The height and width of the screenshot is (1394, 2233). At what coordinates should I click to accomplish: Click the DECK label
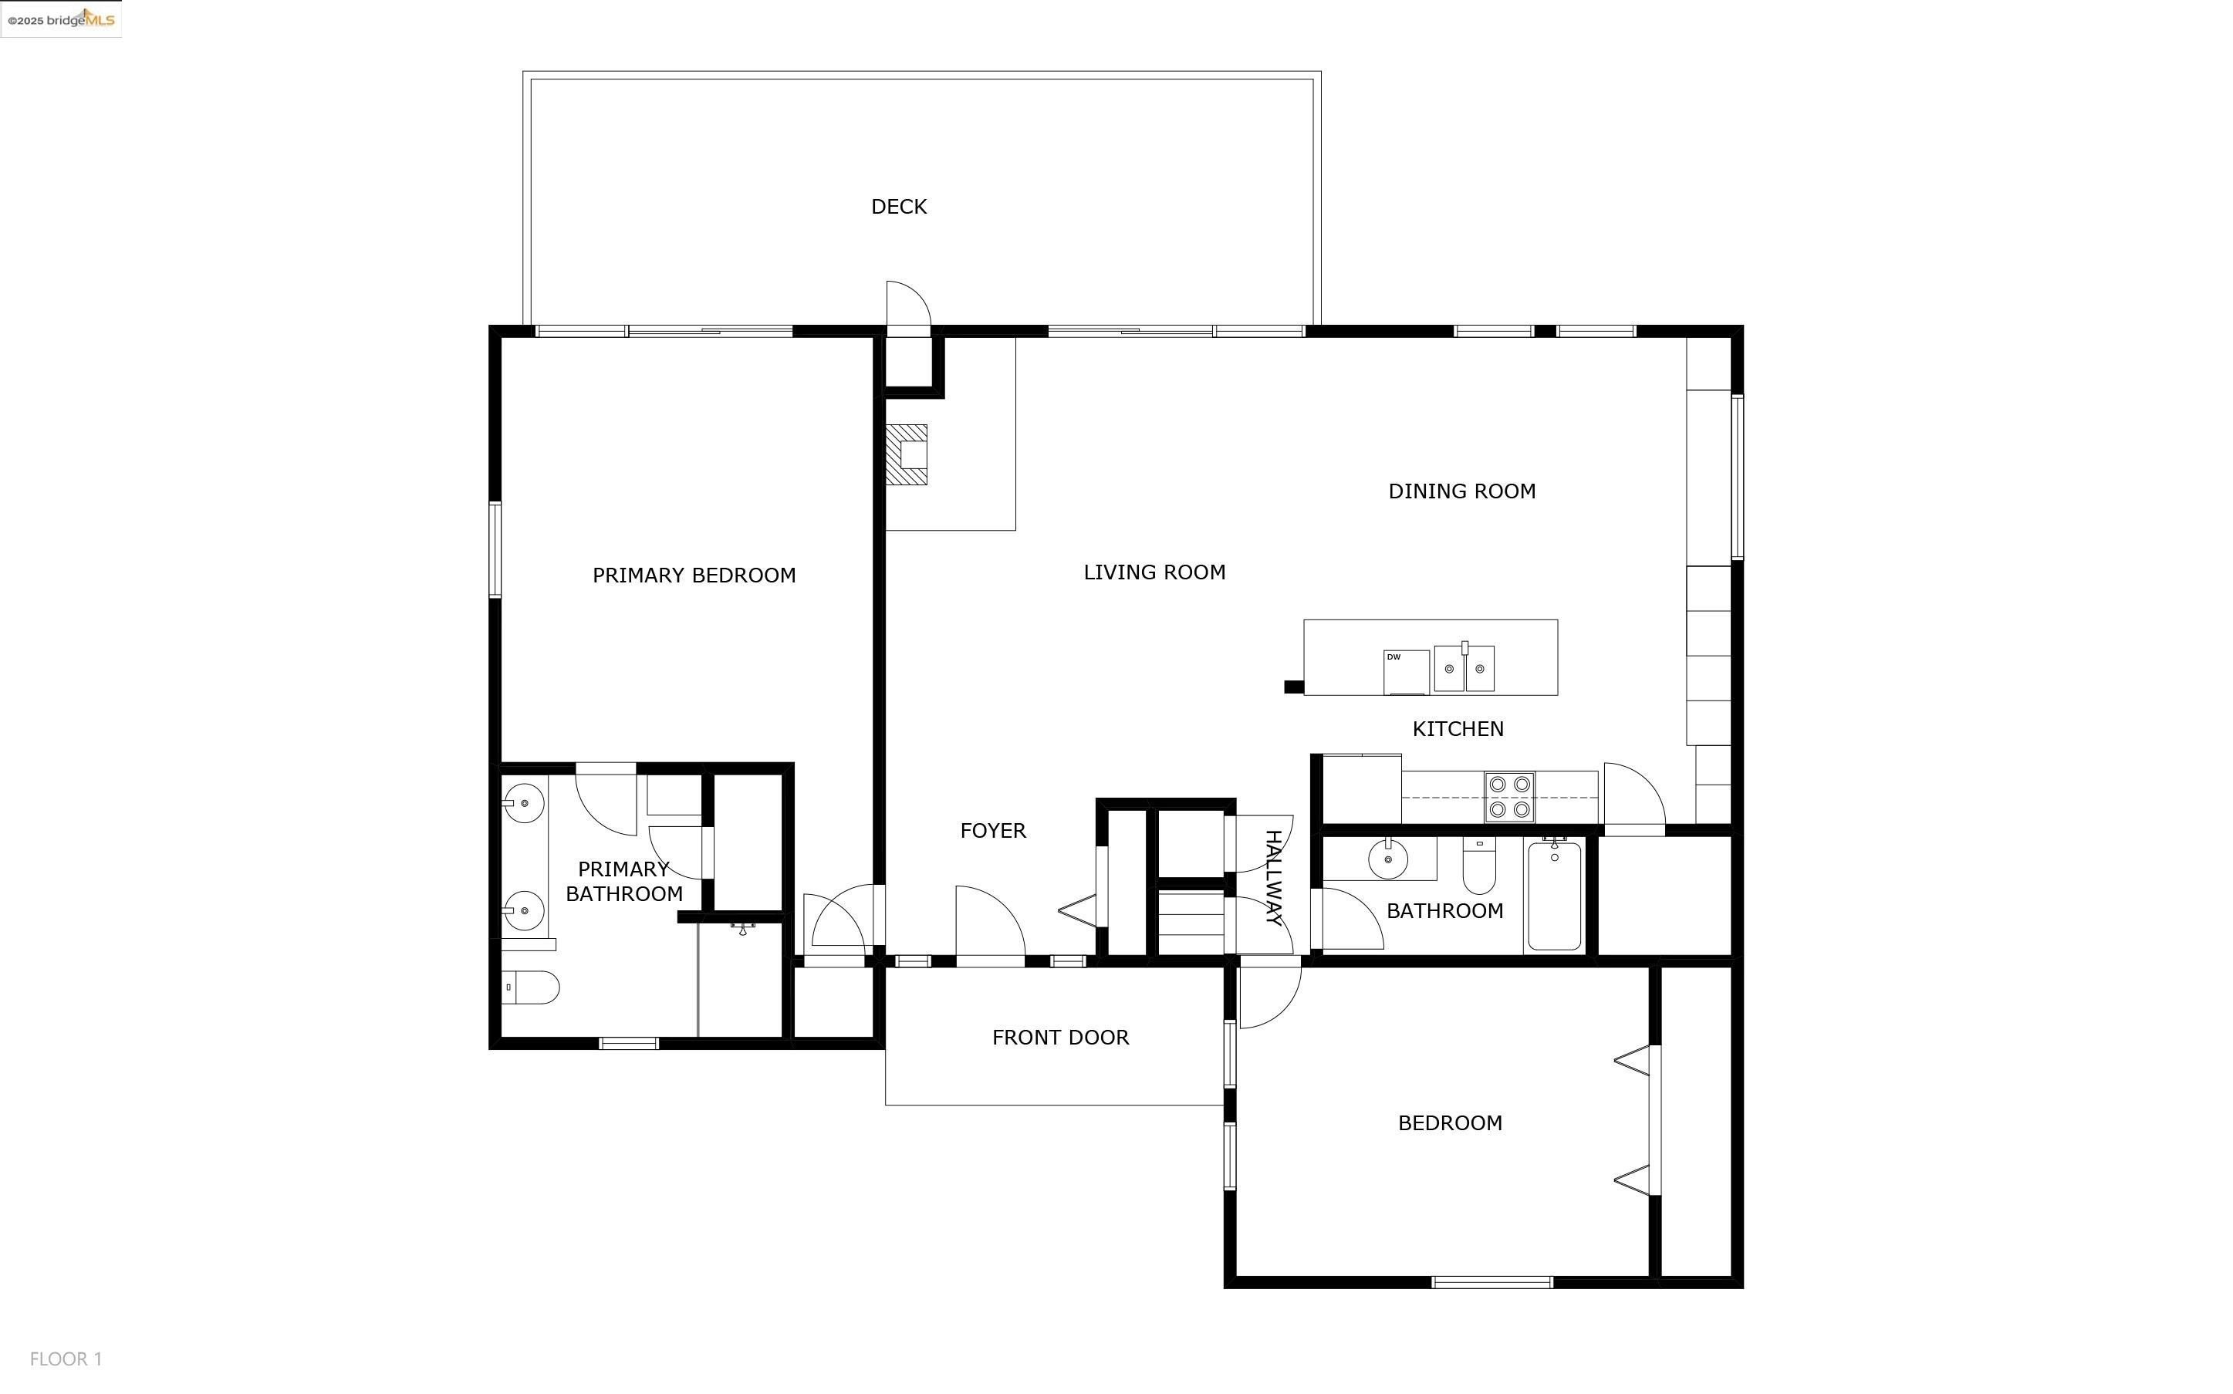[x=899, y=207]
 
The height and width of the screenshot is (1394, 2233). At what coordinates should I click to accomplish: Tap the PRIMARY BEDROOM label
[x=694, y=575]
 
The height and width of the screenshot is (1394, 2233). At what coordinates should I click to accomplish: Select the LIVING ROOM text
[x=1154, y=572]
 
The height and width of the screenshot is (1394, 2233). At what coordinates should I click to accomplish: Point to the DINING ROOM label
[x=1462, y=491]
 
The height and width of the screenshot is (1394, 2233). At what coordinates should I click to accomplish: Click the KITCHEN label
[x=1458, y=729]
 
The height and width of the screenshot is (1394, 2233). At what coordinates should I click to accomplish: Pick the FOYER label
[x=993, y=831]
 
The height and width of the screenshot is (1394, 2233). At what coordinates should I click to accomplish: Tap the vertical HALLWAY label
[x=1272, y=877]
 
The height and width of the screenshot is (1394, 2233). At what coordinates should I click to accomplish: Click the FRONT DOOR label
[x=1060, y=1037]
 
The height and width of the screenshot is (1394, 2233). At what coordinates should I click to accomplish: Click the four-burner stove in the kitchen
[x=1509, y=797]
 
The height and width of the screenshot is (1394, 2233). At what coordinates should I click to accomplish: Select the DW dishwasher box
[x=1406, y=672]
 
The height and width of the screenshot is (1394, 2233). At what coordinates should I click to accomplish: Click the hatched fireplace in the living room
[x=907, y=454]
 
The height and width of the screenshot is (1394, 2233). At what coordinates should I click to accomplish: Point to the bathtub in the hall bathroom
[x=1555, y=895]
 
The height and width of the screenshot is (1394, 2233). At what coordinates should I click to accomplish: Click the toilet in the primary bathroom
[x=530, y=987]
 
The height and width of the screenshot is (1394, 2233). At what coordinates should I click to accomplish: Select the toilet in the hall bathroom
[x=1479, y=866]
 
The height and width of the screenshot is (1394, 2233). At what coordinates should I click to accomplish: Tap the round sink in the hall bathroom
[x=1387, y=859]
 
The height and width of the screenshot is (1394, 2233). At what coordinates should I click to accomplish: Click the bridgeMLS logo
[x=61, y=19]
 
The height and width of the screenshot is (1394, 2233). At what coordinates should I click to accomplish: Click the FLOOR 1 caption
[x=66, y=1359]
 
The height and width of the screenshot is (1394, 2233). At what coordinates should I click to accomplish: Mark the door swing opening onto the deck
[x=908, y=303]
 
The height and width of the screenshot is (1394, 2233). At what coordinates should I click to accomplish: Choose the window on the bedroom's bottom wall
[x=1491, y=1282]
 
